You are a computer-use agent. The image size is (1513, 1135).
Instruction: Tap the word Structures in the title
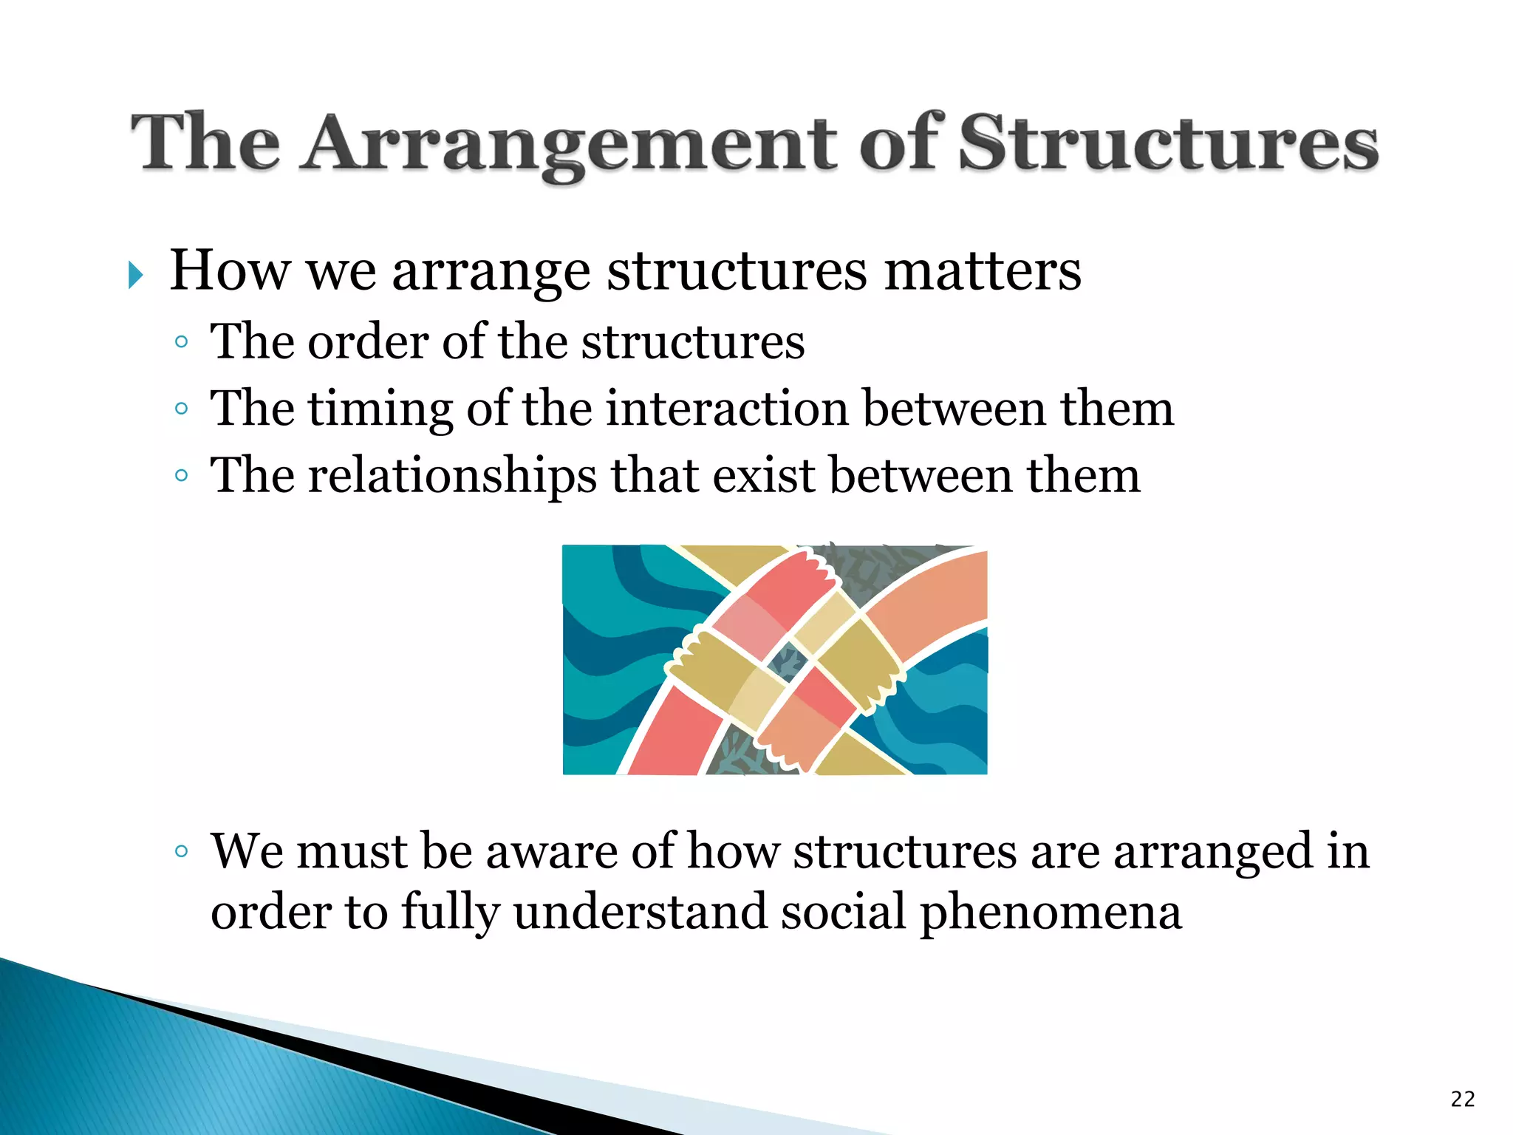pos(1167,144)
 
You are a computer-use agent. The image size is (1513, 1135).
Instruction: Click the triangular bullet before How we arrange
pos(135,275)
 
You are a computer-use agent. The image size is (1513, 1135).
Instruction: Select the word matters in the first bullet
pos(983,271)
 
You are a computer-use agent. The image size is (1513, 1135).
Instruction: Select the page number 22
pos(1463,1100)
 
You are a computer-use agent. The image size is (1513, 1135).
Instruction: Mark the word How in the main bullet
pos(230,271)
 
